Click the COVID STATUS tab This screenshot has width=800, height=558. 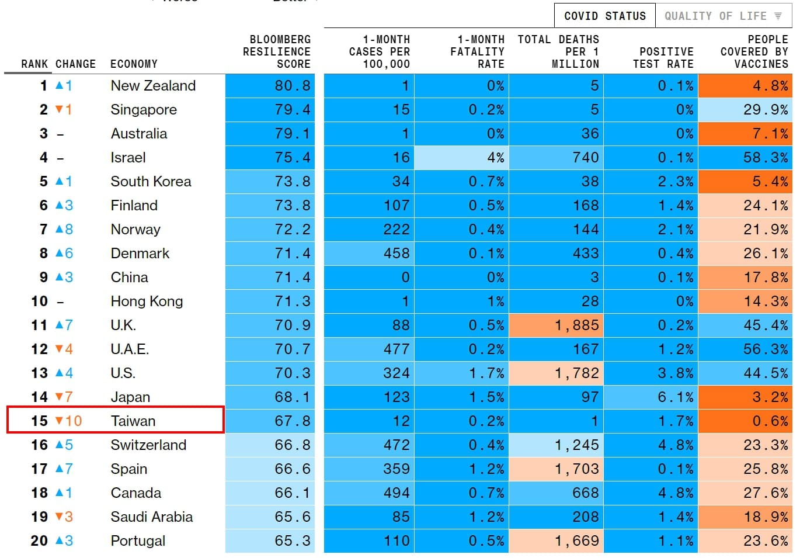point(604,16)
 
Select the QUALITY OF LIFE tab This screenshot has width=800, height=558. point(724,16)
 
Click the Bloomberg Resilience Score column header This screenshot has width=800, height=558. point(276,51)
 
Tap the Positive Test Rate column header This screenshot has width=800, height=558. point(663,57)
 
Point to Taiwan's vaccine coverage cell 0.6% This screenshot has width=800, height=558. point(745,421)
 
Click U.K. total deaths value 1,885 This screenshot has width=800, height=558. point(556,325)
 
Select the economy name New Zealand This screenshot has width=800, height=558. point(153,85)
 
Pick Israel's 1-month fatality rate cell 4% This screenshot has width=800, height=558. point(462,157)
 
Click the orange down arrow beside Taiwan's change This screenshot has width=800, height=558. point(60,420)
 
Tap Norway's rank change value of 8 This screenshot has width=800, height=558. point(69,229)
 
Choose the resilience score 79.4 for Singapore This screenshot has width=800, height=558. point(293,109)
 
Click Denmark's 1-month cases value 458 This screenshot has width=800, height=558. point(396,253)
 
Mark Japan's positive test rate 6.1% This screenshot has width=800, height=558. point(676,397)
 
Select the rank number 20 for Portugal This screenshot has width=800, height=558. point(39,540)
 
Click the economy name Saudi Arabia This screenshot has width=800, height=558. point(152,517)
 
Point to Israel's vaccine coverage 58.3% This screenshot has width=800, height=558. point(766,157)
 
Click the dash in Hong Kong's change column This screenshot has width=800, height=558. point(60,302)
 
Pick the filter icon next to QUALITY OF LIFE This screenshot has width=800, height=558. point(778,16)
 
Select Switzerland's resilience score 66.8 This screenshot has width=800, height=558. point(293,445)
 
